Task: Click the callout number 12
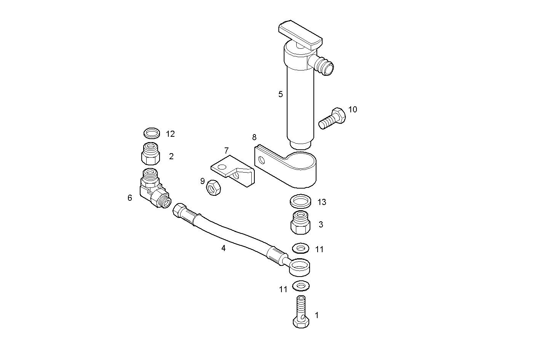coord(170,134)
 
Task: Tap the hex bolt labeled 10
coord(332,118)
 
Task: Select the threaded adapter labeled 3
coord(301,224)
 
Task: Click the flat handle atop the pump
coord(300,35)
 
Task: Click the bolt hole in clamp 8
coord(261,160)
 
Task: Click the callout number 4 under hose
coord(224,248)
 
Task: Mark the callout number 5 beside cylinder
coord(281,94)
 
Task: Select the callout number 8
coord(254,137)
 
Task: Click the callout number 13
coord(322,202)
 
